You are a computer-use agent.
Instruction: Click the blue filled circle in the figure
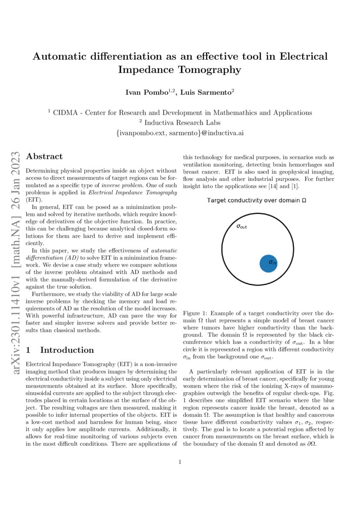(x=269, y=263)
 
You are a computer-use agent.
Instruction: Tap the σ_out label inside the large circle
(x=242, y=226)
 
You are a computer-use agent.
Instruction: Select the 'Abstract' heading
(x=44, y=156)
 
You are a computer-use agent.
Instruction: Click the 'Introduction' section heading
(x=67, y=350)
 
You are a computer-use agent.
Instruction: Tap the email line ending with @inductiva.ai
(x=180, y=133)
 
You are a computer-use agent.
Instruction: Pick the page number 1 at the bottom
(x=180, y=462)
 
